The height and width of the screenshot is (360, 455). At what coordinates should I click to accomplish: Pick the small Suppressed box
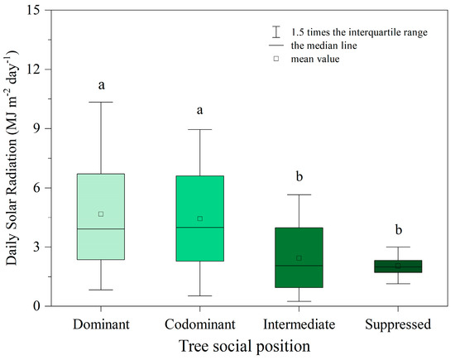click(398, 266)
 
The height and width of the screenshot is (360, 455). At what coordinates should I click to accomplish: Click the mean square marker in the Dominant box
click(124, 214)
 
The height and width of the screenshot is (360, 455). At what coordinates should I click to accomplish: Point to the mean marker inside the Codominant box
click(223, 218)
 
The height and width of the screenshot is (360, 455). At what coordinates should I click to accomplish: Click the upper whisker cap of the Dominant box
click(124, 102)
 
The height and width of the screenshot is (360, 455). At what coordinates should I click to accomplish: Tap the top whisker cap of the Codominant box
click(223, 129)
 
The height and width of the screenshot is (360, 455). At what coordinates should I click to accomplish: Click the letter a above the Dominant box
click(124, 84)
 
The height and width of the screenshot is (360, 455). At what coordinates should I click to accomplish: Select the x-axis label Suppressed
click(398, 324)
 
